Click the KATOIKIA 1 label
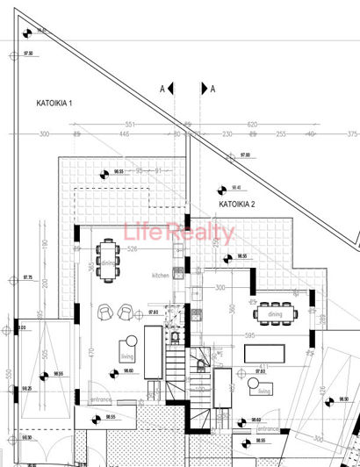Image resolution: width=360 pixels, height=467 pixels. [x=54, y=104]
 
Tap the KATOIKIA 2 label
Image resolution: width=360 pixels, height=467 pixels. [x=237, y=204]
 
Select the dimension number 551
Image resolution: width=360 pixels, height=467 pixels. [x=130, y=125]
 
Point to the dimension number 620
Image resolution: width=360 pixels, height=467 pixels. [x=252, y=125]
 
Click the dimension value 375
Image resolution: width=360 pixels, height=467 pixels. [x=351, y=134]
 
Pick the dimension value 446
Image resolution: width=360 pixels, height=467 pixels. [x=124, y=134]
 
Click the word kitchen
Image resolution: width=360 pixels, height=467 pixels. [x=161, y=275]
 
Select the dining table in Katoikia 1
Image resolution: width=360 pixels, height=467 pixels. [x=109, y=261]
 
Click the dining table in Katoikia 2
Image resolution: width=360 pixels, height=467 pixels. [x=277, y=313]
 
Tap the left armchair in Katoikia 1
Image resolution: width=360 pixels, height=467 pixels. [x=104, y=312]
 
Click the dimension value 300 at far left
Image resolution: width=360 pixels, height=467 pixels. [x=44, y=134]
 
